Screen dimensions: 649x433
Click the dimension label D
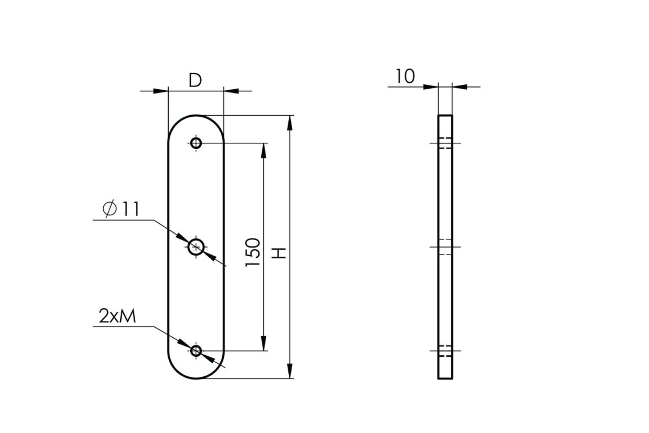(x=195, y=80)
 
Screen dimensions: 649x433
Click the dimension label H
(x=279, y=253)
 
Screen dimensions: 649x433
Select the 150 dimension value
(x=253, y=252)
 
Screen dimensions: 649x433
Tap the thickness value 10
(x=405, y=76)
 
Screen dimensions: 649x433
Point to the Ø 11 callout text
(x=121, y=209)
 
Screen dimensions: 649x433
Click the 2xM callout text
(x=117, y=316)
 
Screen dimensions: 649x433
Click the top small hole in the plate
(x=196, y=143)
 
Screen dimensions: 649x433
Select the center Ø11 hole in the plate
(x=196, y=247)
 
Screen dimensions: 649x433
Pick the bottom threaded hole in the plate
(x=196, y=351)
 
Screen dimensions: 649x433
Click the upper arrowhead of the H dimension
(x=290, y=123)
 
